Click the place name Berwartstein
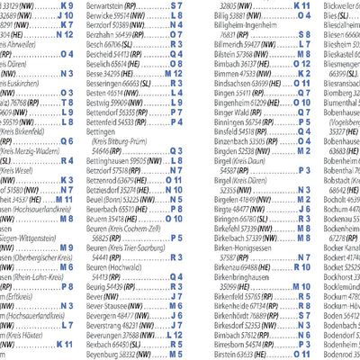pyautogui.click(x=110, y=5)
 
